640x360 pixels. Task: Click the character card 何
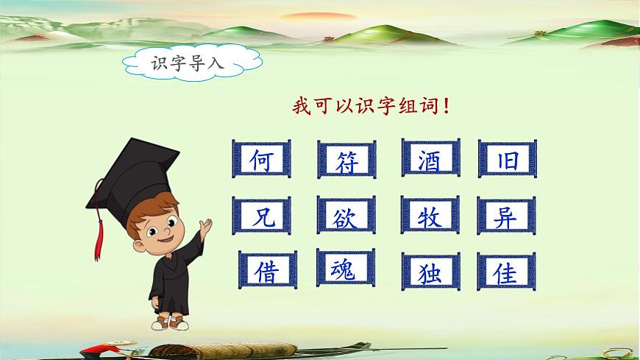(261, 160)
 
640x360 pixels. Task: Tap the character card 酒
(430, 160)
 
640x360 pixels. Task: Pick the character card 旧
(507, 160)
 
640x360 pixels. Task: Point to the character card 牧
(430, 216)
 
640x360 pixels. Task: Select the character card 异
(507, 216)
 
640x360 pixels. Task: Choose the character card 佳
(507, 272)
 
